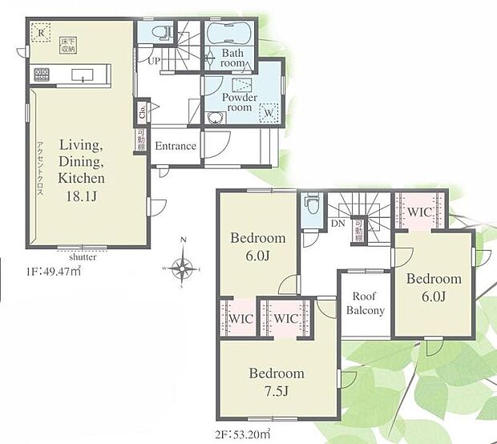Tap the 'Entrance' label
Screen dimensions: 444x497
(x=176, y=146)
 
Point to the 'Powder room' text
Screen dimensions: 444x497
(x=240, y=103)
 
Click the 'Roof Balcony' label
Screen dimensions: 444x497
(x=365, y=304)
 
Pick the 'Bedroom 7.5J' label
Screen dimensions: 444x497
(x=276, y=381)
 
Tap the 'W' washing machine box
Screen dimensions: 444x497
(x=269, y=113)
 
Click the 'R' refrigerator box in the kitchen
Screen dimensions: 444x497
(x=38, y=32)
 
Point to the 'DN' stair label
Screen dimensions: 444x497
(x=337, y=223)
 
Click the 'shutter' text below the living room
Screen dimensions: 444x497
(x=83, y=257)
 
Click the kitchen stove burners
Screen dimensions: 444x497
(x=41, y=75)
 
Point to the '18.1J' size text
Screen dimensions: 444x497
(x=79, y=192)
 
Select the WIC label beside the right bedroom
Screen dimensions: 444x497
(x=419, y=212)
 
